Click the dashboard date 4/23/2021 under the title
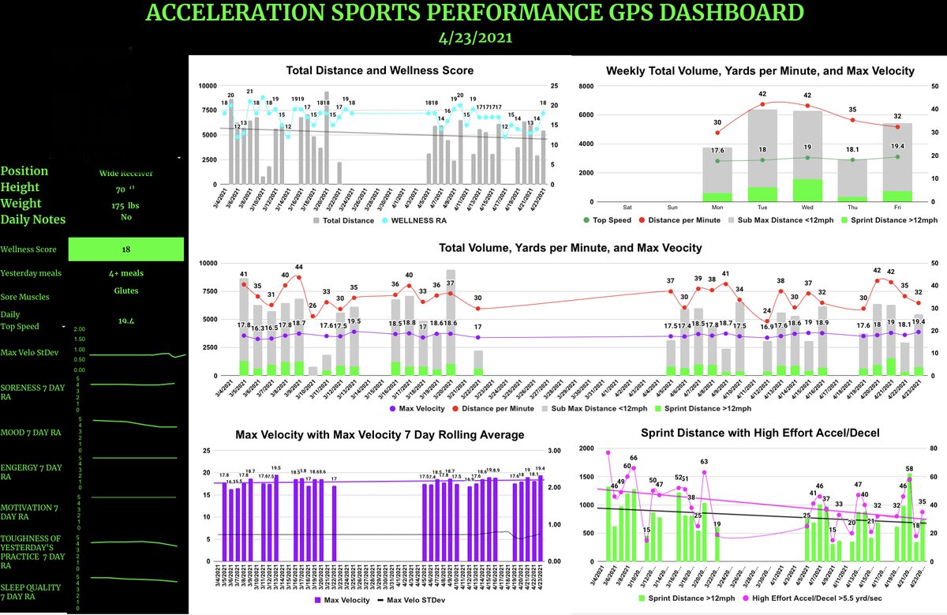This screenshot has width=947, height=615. pos(473,37)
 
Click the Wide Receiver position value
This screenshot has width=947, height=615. pos(126,173)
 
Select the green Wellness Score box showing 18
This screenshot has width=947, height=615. pos(126,249)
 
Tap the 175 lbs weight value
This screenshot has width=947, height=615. pos(126,205)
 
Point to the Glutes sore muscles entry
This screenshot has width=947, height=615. pos(126,290)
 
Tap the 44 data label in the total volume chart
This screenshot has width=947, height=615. pos(299,268)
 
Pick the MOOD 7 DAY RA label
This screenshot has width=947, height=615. pos(33,433)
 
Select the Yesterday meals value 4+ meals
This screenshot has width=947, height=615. pos(126,273)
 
